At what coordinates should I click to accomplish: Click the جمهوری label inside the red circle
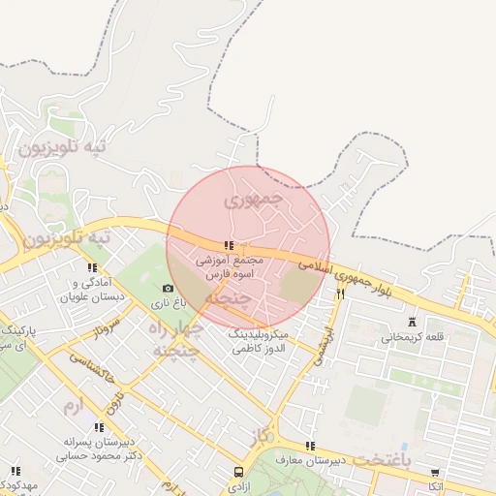coord(252,201)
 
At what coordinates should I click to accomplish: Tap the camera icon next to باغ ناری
coord(168,288)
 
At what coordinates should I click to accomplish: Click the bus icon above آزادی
coord(239,472)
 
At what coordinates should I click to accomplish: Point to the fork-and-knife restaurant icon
coord(340,294)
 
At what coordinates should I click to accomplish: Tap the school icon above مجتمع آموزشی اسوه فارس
coord(229,246)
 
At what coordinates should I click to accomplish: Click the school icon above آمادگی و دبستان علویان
coord(92,267)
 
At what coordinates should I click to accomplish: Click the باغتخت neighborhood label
coord(408,456)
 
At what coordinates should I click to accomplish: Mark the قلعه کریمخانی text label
coord(416,338)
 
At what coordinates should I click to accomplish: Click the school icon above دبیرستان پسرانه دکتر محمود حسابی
coord(100,427)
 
